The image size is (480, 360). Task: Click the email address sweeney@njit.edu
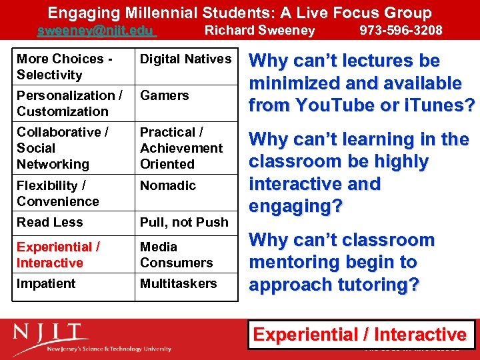(x=95, y=31)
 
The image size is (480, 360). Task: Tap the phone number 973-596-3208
(x=401, y=30)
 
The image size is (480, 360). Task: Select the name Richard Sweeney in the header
(x=259, y=30)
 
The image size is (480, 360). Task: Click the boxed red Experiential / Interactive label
(x=360, y=335)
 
